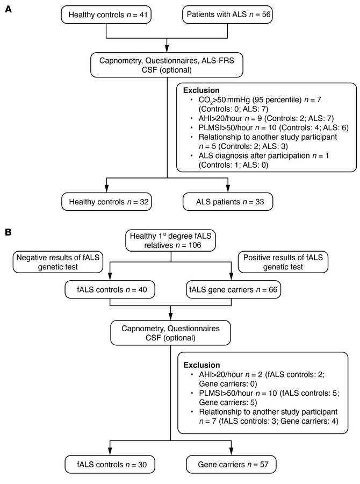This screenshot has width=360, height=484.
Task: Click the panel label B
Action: tap(8, 235)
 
